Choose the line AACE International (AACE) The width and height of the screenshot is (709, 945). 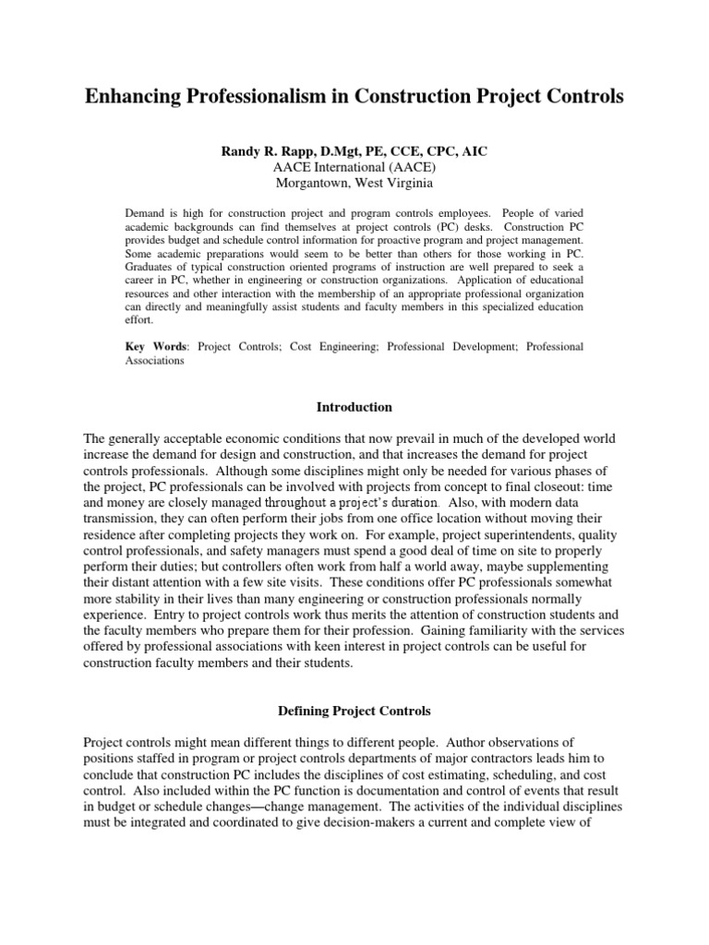(354, 166)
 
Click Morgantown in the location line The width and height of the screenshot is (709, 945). (319, 183)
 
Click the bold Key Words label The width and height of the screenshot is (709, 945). (155, 347)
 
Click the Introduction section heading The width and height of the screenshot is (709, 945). (354, 407)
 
